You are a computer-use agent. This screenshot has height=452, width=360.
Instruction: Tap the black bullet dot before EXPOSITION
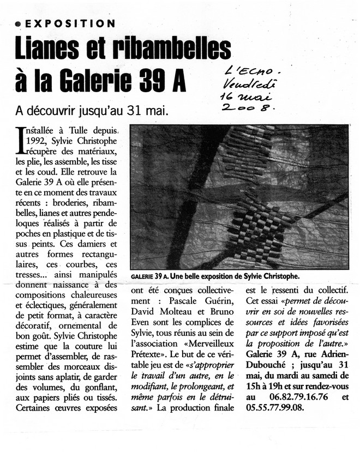[x=19, y=24]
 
